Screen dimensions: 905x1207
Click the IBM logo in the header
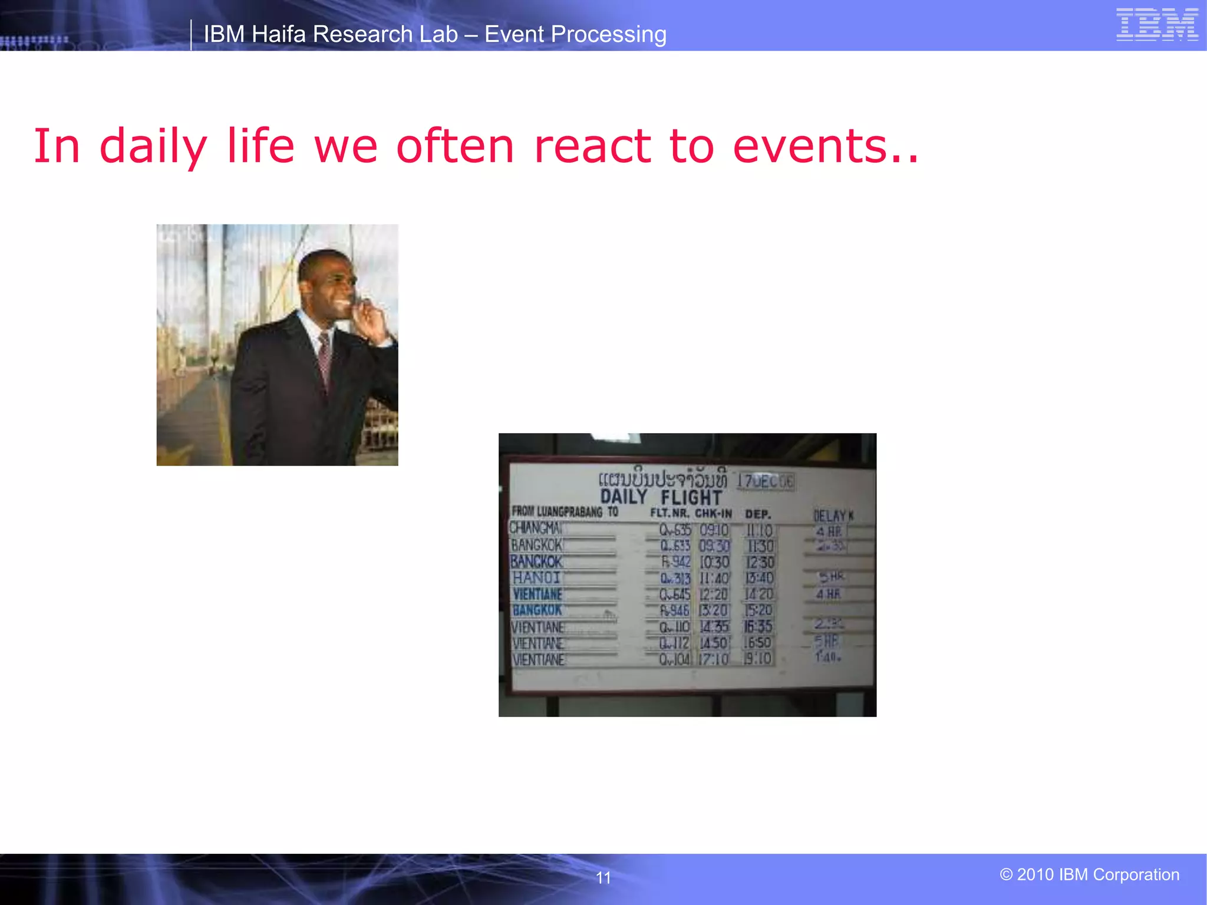tap(1157, 24)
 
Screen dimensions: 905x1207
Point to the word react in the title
tap(592, 146)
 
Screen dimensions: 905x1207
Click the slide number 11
tap(603, 878)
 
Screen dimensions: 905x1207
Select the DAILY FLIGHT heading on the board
tap(661, 497)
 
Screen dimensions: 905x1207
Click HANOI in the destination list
tap(536, 578)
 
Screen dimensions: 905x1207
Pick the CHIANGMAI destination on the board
tap(535, 528)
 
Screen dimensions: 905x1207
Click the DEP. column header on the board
tap(758, 514)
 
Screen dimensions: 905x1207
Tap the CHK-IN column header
tap(713, 513)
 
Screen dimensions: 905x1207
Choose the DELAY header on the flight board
tap(830, 516)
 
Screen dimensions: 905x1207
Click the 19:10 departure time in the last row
tap(758, 659)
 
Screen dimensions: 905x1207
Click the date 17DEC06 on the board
tap(766, 481)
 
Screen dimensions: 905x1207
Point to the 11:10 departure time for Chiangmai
tap(759, 530)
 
